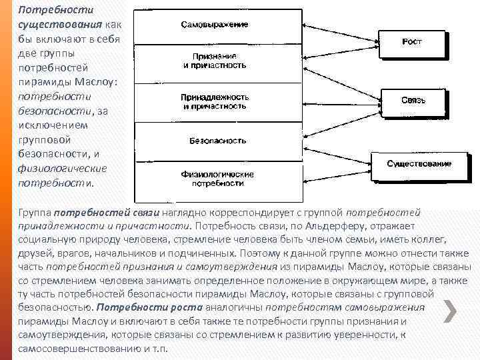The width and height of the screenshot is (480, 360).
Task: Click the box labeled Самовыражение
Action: click(x=215, y=25)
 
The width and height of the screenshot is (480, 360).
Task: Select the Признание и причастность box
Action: click(x=215, y=61)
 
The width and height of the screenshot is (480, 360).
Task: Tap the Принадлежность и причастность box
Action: click(x=215, y=101)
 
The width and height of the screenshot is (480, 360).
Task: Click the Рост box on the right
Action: click(x=411, y=42)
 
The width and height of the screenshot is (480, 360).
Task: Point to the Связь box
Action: click(x=413, y=101)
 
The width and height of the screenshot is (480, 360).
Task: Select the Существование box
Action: click(x=419, y=163)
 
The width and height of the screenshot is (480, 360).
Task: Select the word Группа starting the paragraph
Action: click(x=35, y=213)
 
